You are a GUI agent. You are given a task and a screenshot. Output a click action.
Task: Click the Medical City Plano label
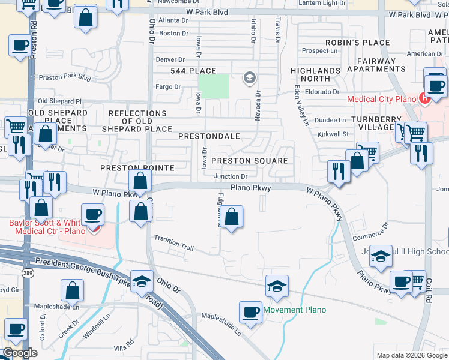(381, 99)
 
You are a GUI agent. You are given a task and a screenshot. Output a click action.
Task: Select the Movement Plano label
(295, 310)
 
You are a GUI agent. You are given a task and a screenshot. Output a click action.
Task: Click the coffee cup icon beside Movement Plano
(250, 312)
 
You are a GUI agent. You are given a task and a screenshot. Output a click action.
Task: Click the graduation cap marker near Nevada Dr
(249, 77)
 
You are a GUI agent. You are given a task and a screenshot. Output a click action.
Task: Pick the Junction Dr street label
(231, 176)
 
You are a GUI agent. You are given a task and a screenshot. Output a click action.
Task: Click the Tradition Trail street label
(174, 243)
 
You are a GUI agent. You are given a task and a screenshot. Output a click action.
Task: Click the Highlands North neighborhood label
(315, 74)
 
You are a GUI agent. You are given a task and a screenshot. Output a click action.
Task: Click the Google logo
(19, 353)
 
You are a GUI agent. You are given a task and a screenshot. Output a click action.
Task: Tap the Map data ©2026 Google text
(412, 355)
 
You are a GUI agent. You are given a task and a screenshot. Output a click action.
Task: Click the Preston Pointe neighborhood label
(137, 168)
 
